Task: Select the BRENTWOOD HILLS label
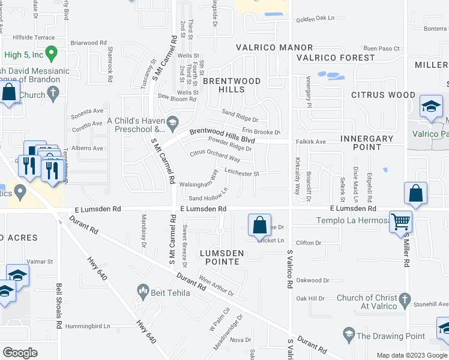(232, 85)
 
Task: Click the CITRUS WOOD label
(383, 95)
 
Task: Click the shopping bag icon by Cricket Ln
(259, 226)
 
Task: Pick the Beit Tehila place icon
(143, 292)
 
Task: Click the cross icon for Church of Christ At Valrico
(405, 299)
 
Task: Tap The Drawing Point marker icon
(348, 333)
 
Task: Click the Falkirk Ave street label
(310, 142)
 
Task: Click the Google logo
(20, 353)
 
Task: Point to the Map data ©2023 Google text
(411, 355)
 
